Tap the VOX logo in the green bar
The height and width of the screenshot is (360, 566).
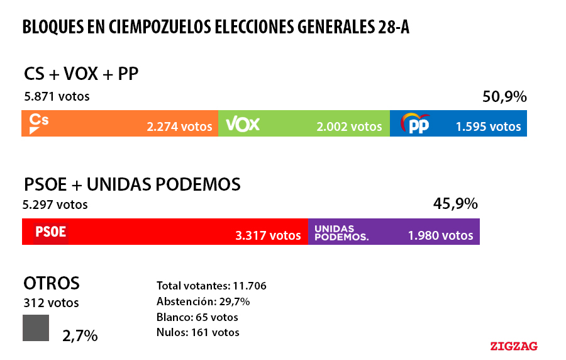(242, 123)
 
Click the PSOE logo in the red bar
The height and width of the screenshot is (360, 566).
(50, 232)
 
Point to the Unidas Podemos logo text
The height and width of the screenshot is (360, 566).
(341, 233)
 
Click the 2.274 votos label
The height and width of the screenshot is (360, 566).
(180, 127)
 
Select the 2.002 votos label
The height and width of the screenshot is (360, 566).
(349, 127)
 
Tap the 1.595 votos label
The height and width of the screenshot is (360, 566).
(489, 127)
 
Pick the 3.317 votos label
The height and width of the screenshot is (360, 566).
(269, 235)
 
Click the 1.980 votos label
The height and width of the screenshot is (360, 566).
(440, 235)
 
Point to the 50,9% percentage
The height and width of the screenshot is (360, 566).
(504, 97)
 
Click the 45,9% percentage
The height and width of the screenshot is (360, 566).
(455, 204)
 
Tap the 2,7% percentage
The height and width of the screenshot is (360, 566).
(80, 335)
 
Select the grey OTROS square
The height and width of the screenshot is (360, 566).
(36, 328)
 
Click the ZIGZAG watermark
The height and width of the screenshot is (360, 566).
(514, 346)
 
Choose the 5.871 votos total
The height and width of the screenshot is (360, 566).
(57, 97)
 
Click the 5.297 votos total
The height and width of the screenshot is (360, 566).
(55, 205)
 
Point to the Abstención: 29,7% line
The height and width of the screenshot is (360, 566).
(203, 301)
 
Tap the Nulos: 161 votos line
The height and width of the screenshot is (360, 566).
(197, 332)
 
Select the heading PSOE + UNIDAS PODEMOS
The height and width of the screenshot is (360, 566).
(132, 184)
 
